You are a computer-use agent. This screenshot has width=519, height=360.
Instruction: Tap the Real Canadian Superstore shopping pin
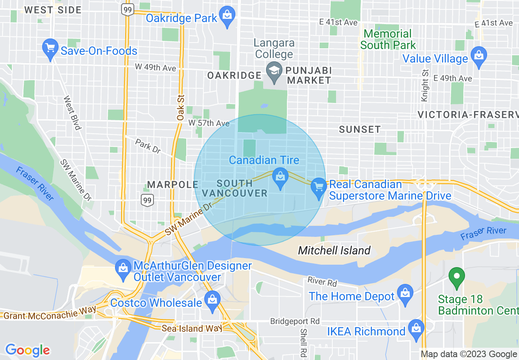click(x=318, y=187)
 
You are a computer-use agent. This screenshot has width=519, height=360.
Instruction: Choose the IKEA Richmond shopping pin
click(x=416, y=329)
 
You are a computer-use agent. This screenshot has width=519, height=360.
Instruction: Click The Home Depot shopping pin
click(x=405, y=294)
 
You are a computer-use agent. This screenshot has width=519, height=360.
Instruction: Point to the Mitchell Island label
click(x=334, y=250)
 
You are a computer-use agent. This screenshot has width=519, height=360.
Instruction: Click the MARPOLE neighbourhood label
click(x=172, y=184)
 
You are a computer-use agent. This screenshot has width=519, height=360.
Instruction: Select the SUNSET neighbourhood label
click(x=360, y=130)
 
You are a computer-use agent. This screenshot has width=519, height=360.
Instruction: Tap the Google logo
click(x=28, y=350)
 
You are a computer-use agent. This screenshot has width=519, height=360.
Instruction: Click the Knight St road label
click(x=424, y=85)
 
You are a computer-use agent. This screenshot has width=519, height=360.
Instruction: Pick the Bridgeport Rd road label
click(x=295, y=322)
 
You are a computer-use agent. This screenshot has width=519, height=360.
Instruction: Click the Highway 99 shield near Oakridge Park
click(x=128, y=10)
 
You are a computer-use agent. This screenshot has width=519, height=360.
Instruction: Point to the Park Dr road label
click(x=148, y=146)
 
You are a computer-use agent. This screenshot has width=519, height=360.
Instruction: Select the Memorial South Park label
click(x=388, y=39)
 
